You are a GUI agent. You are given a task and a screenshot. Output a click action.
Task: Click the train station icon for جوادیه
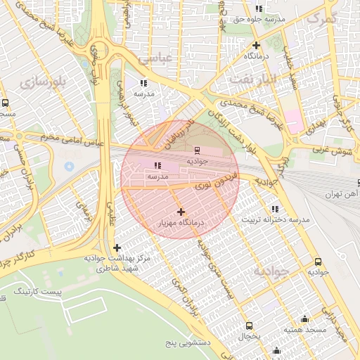(197, 149)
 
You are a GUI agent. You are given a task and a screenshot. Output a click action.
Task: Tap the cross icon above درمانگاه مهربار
(181, 212)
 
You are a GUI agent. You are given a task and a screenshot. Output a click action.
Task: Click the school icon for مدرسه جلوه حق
(259, 8)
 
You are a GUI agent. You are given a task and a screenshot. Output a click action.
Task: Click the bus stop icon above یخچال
(249, 326)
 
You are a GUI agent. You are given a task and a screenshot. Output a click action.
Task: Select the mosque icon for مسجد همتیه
(304, 319)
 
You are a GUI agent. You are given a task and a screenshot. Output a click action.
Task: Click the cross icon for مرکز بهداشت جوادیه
(117, 247)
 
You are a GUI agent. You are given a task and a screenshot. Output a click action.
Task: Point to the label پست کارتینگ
(59, 290)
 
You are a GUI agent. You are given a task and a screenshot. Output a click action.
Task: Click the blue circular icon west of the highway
(69, 166)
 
